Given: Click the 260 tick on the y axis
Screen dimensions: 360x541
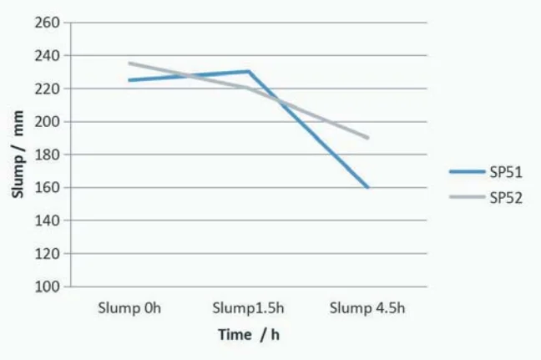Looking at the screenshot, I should coord(48,23).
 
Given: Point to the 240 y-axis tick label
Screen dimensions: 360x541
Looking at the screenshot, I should coord(48,55).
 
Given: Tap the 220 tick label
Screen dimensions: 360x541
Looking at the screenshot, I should coord(48,89).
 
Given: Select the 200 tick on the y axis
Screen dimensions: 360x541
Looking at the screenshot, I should coord(48,121).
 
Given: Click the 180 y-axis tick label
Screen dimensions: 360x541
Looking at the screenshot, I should coord(48,155).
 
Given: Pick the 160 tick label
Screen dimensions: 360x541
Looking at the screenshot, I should coord(48,187).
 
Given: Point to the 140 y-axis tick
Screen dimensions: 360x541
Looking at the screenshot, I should coord(48,221).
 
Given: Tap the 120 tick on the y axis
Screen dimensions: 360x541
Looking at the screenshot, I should coord(48,253).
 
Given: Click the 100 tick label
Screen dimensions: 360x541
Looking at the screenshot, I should coord(48,286).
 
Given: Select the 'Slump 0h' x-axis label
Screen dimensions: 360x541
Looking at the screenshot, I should coord(129,308).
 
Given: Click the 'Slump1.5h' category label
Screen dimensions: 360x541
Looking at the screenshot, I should coord(248,308).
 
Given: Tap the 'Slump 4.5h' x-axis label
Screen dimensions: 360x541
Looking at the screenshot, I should coord(367,308).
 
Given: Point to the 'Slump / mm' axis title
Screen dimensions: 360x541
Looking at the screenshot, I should coord(18,155).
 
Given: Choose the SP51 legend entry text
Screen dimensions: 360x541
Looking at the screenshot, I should coord(506,171).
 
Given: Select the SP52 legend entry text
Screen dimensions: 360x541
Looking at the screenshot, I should coord(506,198).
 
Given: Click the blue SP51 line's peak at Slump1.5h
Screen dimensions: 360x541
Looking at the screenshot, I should coord(248,72).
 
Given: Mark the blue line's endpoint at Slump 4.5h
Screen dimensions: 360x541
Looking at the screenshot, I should coord(367,187).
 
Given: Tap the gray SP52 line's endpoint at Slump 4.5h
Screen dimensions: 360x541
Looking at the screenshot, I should coord(367,138).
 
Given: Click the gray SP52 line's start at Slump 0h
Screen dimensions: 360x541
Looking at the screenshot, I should coord(129,63).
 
